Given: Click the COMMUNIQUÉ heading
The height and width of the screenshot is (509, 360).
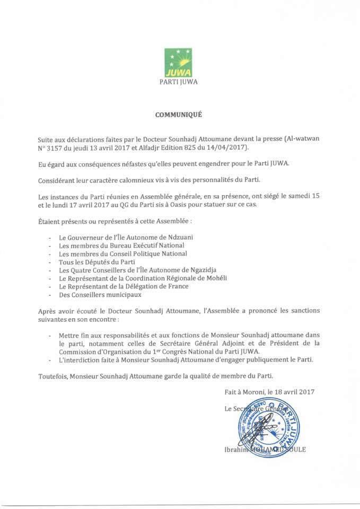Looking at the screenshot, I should [x=179, y=114].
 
